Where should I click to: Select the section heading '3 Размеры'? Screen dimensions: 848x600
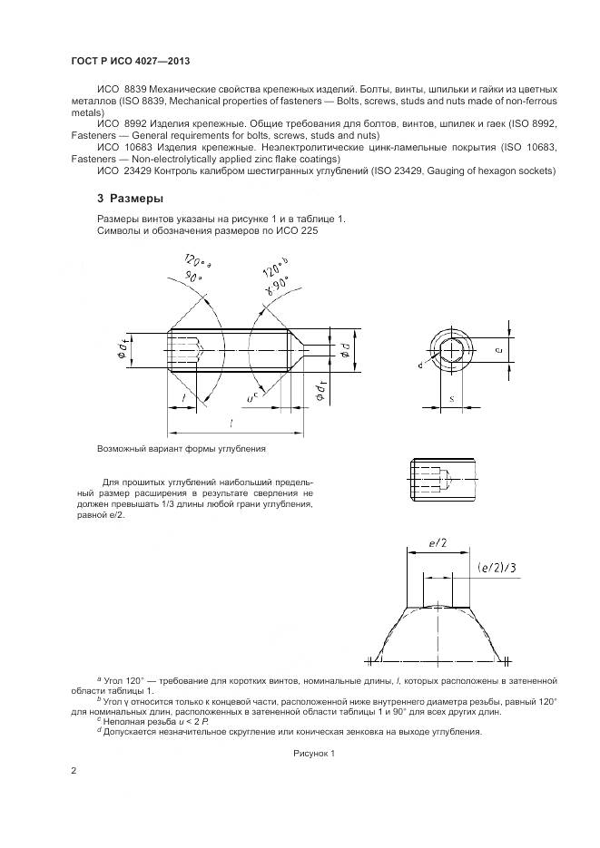tap(130, 198)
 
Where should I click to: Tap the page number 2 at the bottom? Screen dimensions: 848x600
tap(74, 771)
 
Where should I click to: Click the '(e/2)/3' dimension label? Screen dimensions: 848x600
tap(497, 569)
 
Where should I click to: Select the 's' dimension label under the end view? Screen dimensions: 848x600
tap(452, 397)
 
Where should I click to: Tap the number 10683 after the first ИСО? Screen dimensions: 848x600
tap(128, 146)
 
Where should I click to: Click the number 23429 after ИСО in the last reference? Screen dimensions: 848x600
tap(128, 171)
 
